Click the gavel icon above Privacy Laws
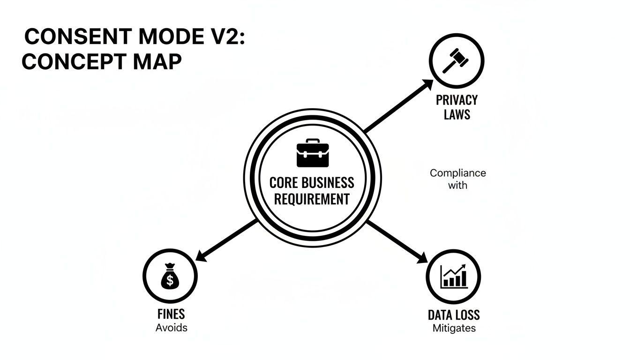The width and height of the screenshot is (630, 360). (x=456, y=60)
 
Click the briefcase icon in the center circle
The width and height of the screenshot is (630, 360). (x=313, y=153)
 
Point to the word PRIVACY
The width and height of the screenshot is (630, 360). (x=457, y=100)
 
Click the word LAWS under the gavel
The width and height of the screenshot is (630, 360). (x=457, y=114)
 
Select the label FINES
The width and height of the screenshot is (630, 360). (x=171, y=314)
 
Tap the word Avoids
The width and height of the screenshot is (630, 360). (x=171, y=328)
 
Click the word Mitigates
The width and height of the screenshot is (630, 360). (x=454, y=328)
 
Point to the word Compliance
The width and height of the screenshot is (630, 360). (x=457, y=173)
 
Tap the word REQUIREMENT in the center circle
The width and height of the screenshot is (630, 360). (x=312, y=199)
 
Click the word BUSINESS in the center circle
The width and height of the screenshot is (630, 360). (x=328, y=182)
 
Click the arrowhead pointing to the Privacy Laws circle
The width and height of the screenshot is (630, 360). (x=427, y=84)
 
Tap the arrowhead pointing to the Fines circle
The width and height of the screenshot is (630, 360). (x=201, y=257)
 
